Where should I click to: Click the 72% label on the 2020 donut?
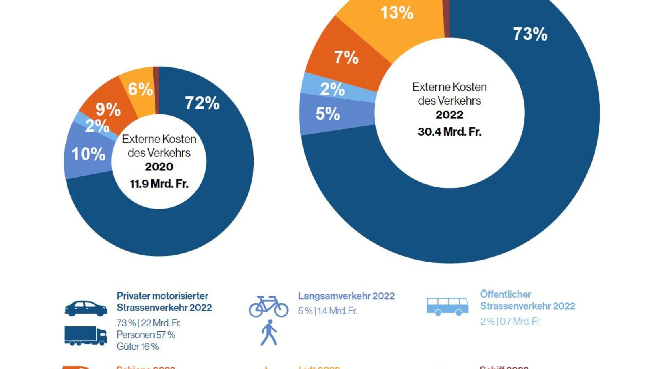[202, 103]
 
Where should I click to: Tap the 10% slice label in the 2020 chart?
[88, 154]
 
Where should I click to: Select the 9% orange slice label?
[108, 109]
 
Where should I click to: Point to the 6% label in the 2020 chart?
[140, 89]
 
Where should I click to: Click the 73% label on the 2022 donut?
[530, 34]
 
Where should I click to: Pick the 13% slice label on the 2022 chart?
[396, 12]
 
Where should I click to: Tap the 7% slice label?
[346, 57]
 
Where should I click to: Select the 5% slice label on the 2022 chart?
[328, 114]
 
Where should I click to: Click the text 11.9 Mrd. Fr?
[159, 184]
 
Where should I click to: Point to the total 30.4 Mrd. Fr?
[449, 132]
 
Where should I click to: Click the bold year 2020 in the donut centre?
[159, 167]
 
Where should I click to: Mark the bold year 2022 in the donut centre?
[449, 115]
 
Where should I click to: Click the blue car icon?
[86, 308]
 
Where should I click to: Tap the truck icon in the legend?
[85, 336]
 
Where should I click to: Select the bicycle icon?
[268, 307]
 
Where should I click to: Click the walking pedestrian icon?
[269, 333]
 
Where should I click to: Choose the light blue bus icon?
[447, 306]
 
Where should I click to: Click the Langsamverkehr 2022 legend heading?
[346, 296]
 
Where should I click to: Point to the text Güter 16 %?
[137, 347]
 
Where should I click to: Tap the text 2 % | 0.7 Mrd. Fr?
[510, 322]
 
